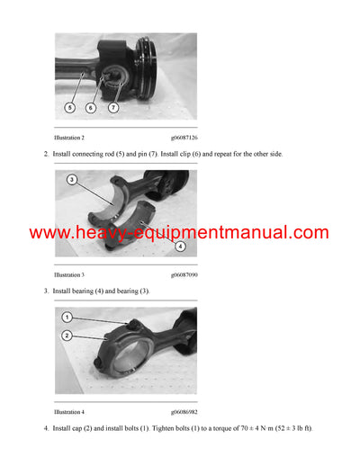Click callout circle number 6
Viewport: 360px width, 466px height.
click(91, 106)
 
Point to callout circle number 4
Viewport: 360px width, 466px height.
click(180, 245)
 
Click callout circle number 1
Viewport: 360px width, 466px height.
click(67, 317)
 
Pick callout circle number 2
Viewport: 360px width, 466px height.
click(67, 335)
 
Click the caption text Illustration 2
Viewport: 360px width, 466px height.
click(69, 138)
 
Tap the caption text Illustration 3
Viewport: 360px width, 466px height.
click(69, 274)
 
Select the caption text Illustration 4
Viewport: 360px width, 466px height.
click(69, 411)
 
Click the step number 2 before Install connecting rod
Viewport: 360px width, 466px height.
click(45, 154)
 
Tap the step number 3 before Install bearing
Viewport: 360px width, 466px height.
click(45, 291)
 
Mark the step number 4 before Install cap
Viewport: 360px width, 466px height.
click(45, 427)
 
